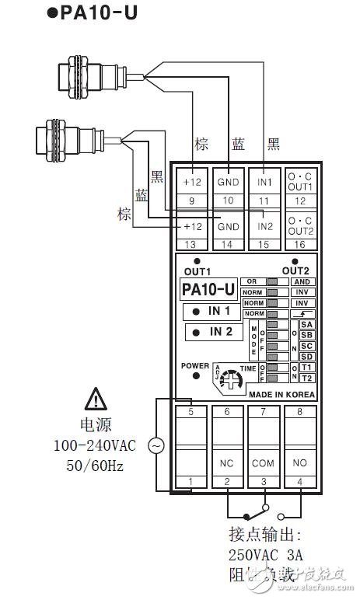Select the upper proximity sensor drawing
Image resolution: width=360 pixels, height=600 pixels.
[x=89, y=75]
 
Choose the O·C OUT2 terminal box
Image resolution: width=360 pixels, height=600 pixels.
[x=300, y=226]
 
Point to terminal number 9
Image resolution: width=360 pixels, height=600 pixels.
[x=191, y=201]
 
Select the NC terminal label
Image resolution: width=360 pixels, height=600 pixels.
[x=228, y=462]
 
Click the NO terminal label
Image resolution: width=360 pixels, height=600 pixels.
[x=300, y=462]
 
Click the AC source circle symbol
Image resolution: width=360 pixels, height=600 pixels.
[x=156, y=446]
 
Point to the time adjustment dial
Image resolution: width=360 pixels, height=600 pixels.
[x=230, y=380]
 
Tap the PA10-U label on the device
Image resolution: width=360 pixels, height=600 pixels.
[x=208, y=290]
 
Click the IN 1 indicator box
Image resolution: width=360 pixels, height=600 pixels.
[x=211, y=312]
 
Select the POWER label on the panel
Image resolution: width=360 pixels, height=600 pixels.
[x=195, y=365]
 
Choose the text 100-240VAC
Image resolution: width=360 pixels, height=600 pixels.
[x=95, y=446]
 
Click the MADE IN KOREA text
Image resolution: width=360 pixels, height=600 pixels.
[x=282, y=394]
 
